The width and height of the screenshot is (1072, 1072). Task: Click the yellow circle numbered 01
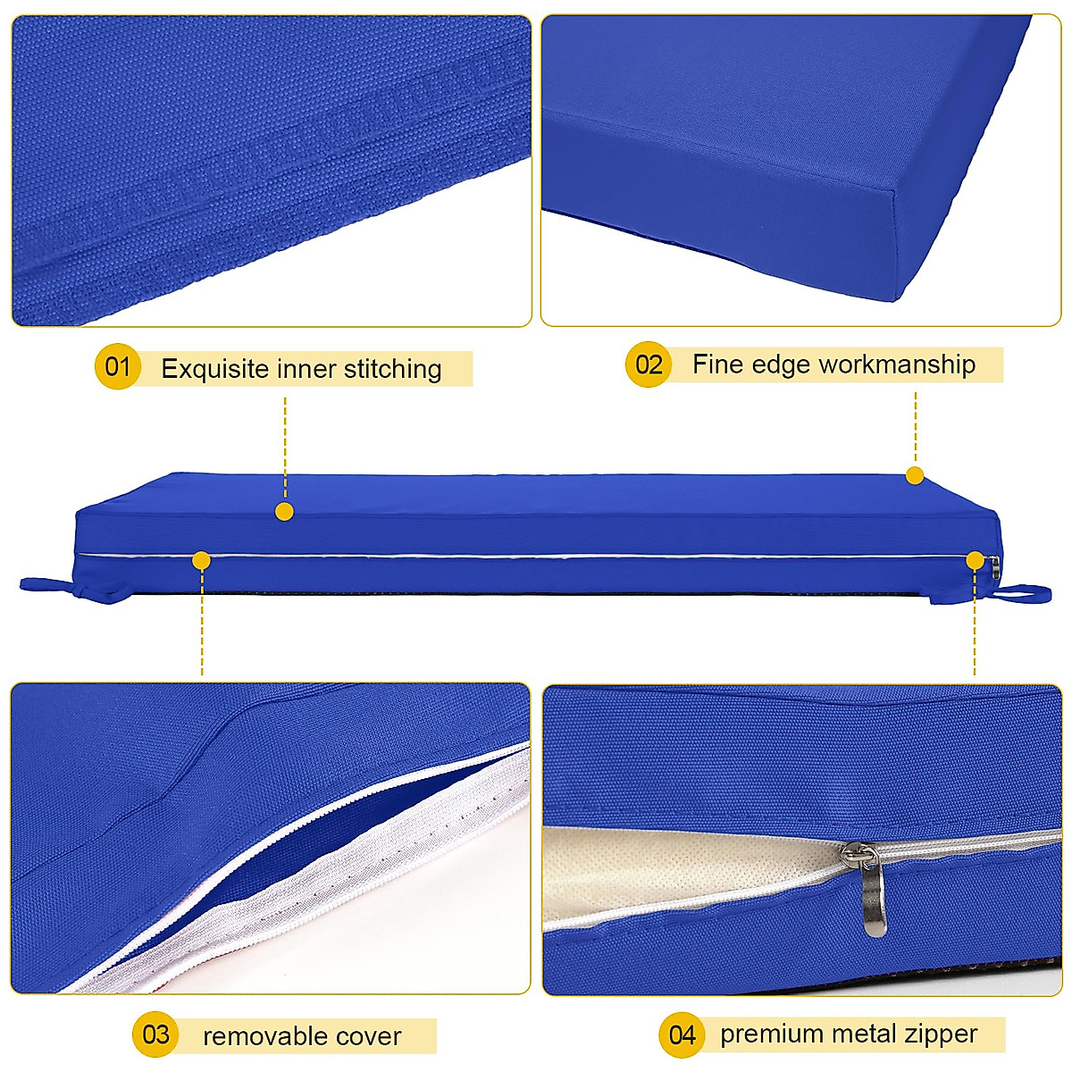118,366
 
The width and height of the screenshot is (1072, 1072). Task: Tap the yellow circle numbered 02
648,364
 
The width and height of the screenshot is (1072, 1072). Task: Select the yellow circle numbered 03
155,1034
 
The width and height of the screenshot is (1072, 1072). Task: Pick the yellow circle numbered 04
682,1034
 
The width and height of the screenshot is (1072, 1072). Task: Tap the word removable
253,1036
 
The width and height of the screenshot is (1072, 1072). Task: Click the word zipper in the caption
942,1034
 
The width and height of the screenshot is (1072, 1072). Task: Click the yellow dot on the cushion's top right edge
914,475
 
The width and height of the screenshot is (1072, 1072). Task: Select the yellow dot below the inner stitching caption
284,511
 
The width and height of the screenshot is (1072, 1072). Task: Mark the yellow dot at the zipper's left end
201,560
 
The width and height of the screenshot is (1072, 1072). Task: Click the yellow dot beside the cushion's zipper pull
974,560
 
